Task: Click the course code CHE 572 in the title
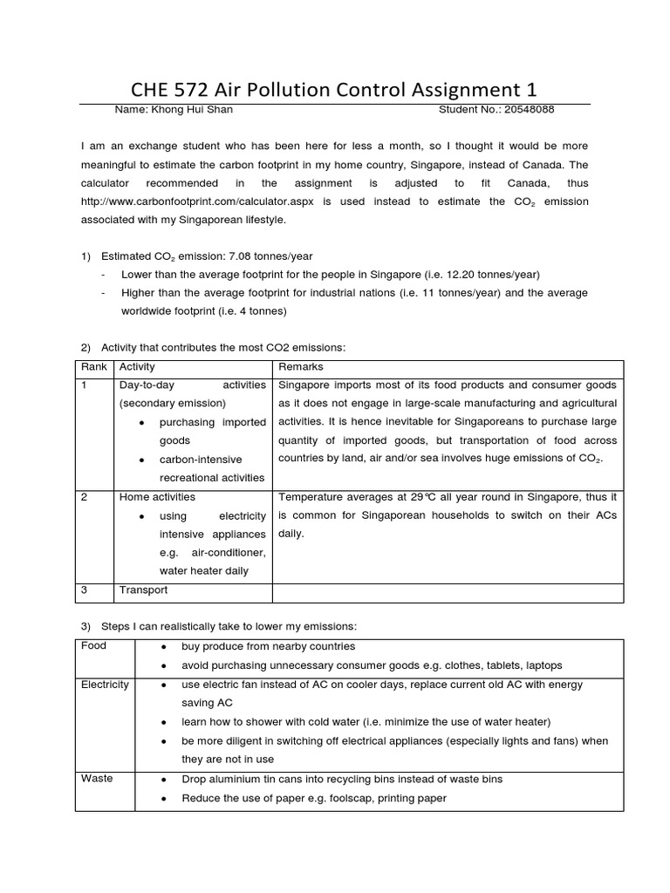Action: point(167,90)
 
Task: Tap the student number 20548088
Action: point(526,110)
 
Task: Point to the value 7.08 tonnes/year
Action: point(264,256)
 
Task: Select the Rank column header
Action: point(93,367)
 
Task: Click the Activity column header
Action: point(137,367)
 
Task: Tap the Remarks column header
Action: point(297,367)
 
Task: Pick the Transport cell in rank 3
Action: point(143,590)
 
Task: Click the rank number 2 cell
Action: point(85,497)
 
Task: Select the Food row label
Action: point(93,646)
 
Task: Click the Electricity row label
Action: point(105,685)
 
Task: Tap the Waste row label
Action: point(96,778)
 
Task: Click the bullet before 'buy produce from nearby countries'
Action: point(165,647)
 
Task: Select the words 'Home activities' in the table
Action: point(157,497)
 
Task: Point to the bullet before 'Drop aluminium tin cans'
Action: point(165,779)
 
